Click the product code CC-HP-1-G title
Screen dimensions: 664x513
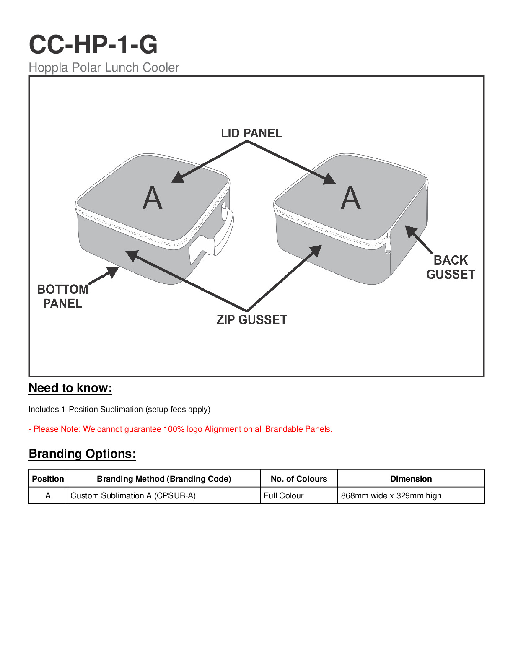[x=93, y=44]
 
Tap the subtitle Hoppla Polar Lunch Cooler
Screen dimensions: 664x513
[x=104, y=67]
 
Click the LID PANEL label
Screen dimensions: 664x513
[x=251, y=133]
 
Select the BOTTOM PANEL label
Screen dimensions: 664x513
[x=62, y=296]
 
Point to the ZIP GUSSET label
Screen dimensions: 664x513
[x=251, y=320]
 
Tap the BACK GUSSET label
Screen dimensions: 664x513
[x=451, y=267]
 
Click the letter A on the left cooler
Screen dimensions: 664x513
[x=153, y=198]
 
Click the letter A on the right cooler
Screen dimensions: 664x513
[x=351, y=198]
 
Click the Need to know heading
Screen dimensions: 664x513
[x=70, y=388]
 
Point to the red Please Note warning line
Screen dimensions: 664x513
[x=180, y=429]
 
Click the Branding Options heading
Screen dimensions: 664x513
[x=83, y=454]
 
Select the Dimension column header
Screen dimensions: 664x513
[x=411, y=479]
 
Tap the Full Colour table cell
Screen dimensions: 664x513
[x=284, y=495]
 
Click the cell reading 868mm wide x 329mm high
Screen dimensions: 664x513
[x=391, y=495]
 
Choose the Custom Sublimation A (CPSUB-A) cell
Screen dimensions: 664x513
[x=133, y=495]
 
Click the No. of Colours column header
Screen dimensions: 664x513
[x=299, y=479]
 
